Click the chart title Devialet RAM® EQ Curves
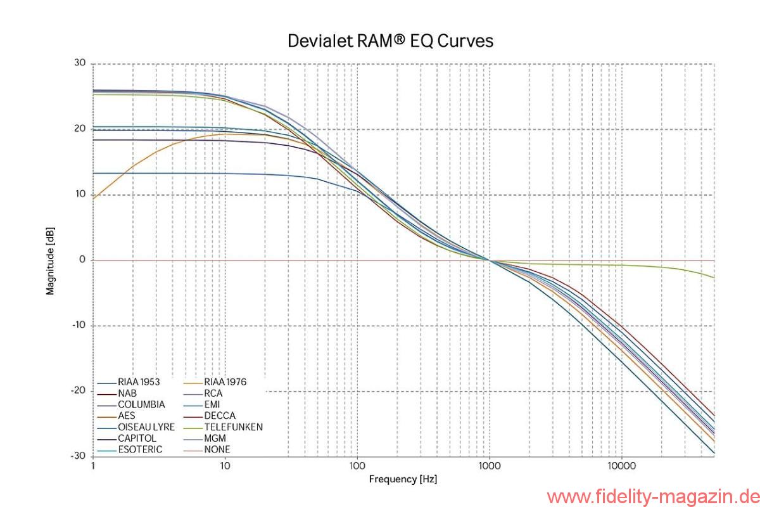tap(390, 41)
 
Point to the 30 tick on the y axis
tap(79, 63)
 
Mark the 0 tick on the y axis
tap(82, 260)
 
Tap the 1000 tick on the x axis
tap(489, 466)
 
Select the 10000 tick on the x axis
tap(621, 466)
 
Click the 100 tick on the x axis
tap(357, 466)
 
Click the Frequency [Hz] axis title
tap(403, 479)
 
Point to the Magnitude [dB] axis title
tap(50, 260)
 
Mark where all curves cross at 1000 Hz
tap(489, 260)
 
